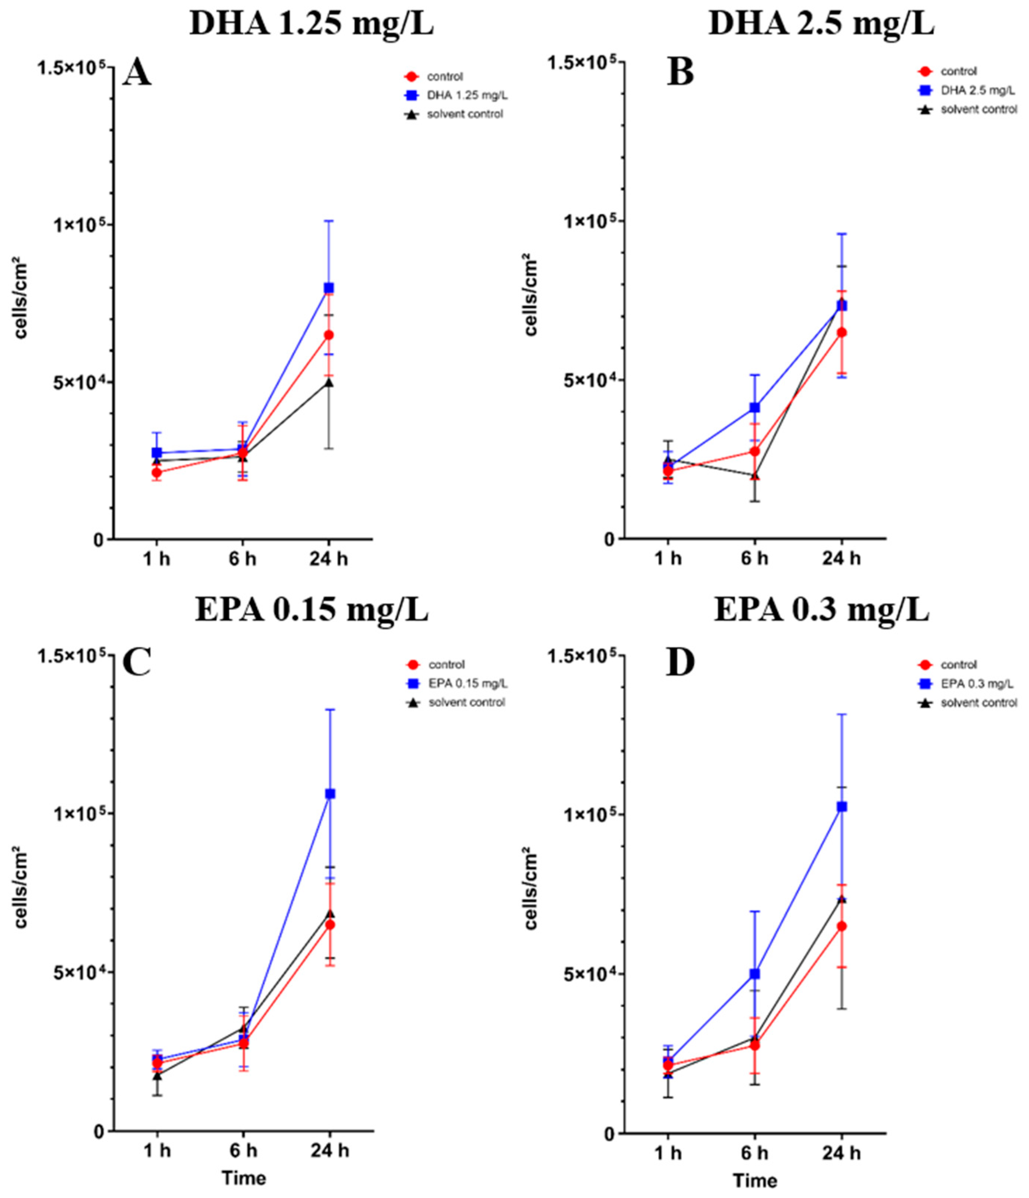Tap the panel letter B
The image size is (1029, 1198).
tap(680, 73)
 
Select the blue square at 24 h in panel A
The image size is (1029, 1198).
tap(328, 287)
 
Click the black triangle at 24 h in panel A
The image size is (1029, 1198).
tap(328, 382)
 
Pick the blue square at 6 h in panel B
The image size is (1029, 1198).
tap(755, 407)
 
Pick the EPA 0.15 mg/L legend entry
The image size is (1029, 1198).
tap(467, 683)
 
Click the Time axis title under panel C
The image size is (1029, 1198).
tap(244, 1178)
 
